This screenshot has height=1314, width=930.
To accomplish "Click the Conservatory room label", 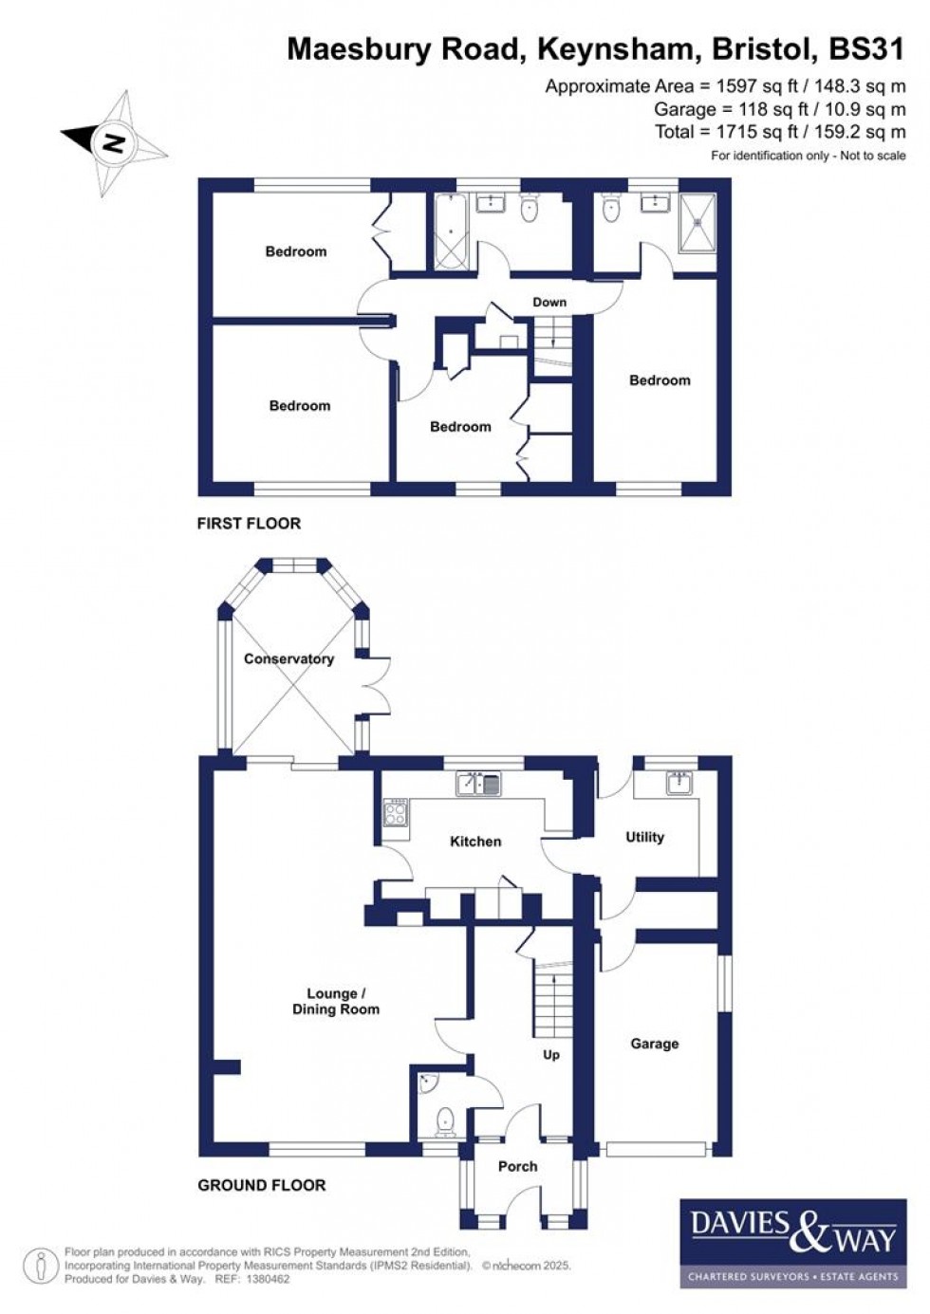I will point(288,658).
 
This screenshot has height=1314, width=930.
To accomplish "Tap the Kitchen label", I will point(474,842).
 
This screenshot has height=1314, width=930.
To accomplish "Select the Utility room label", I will point(644,837).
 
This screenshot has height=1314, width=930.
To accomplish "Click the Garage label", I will point(654,1044).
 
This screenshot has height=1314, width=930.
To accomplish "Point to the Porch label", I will point(517,1166).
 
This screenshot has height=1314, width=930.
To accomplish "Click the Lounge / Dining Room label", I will point(335,1002).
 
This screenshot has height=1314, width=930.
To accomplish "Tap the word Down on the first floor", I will point(549,302).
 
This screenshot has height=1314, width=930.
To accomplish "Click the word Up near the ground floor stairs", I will point(551,1055).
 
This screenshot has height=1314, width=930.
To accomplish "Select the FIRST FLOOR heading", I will point(249,523).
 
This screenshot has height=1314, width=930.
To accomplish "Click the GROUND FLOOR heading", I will point(261,1185).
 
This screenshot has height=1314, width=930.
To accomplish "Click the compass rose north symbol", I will point(113,143).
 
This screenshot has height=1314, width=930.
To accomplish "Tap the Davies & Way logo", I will point(788,1243).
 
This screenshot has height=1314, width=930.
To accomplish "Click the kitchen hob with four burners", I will point(395,813).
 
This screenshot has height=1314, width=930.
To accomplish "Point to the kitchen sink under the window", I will point(479,784).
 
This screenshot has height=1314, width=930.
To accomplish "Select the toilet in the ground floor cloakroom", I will point(445,1123).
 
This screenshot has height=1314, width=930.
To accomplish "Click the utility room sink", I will point(679,783).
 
